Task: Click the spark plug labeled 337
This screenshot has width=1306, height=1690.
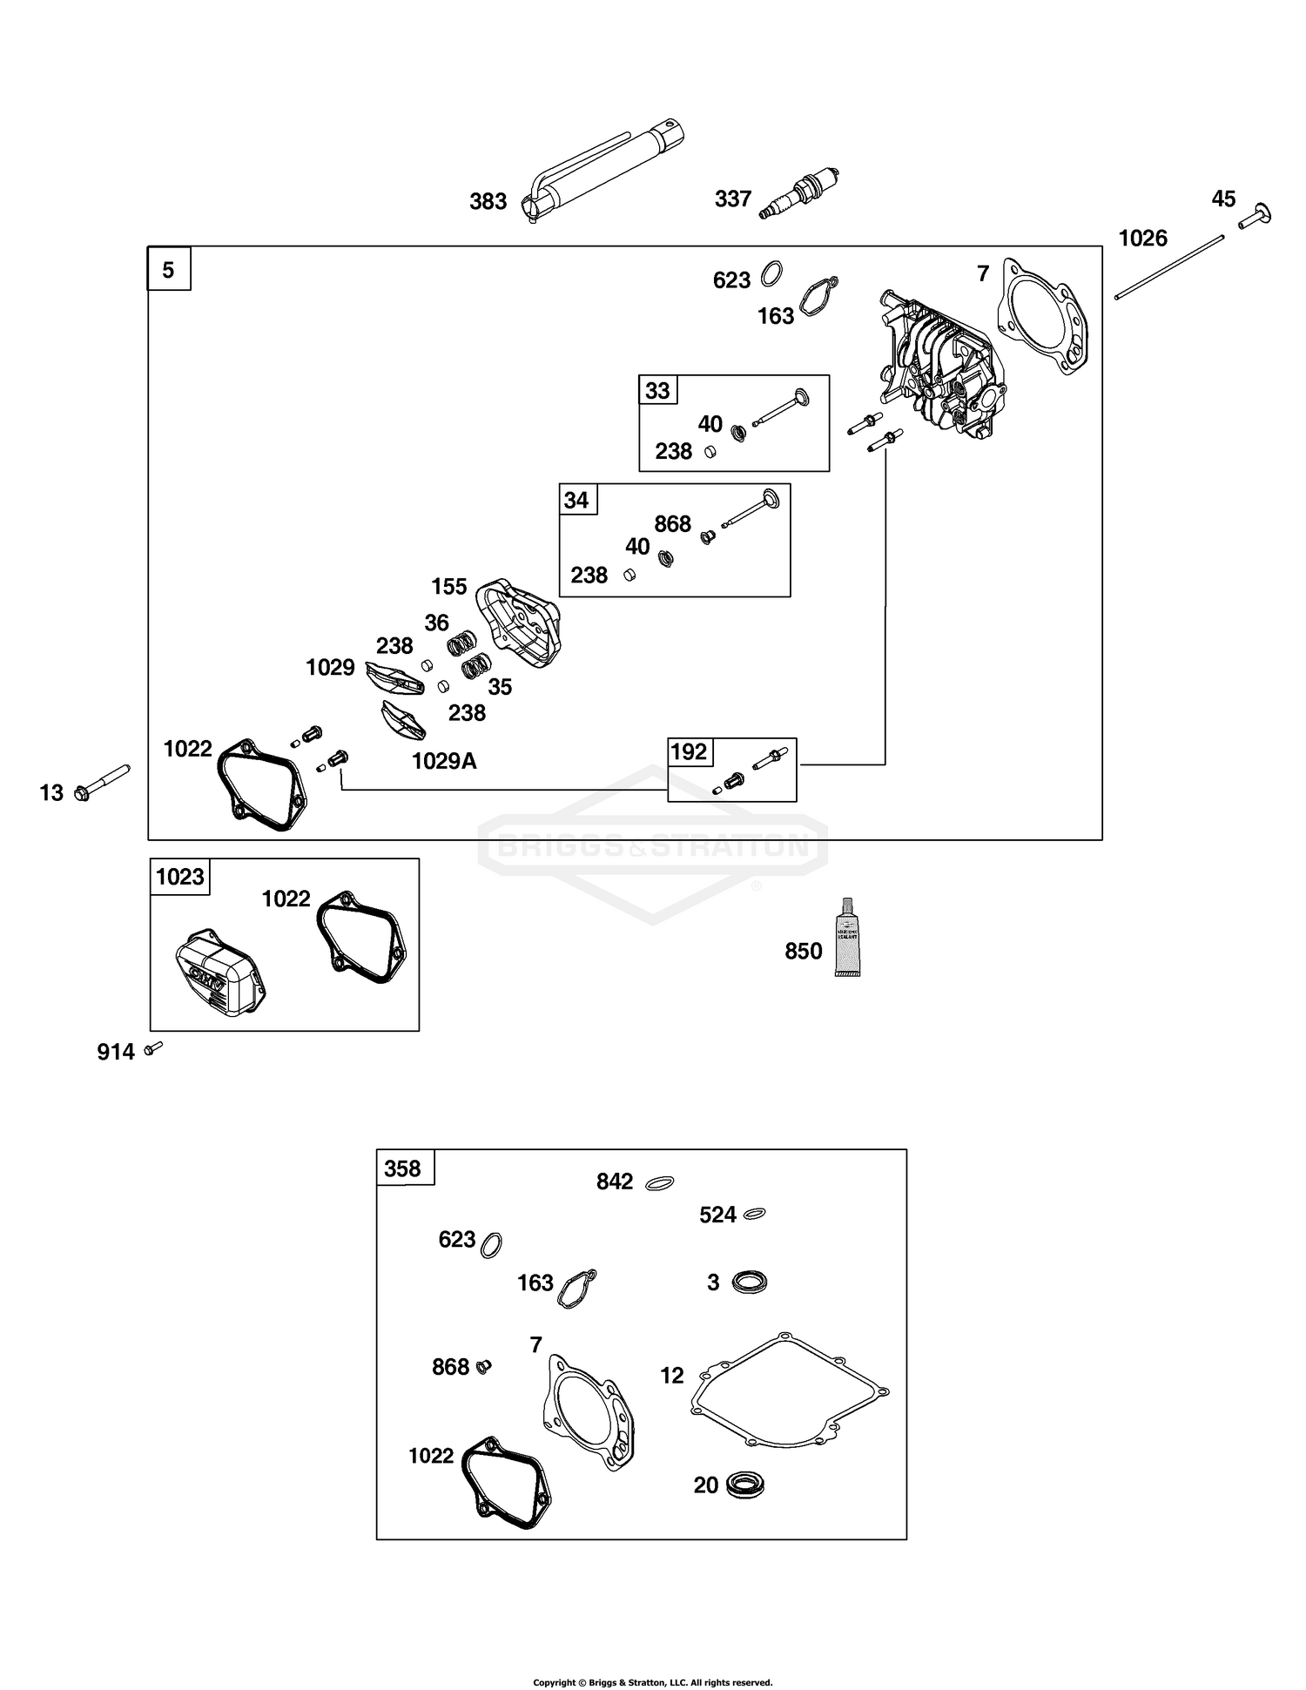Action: [x=799, y=193]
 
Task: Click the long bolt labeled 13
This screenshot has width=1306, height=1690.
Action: [x=103, y=782]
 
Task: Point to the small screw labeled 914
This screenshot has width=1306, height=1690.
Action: [x=154, y=1048]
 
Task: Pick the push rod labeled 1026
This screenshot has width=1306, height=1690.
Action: [x=1169, y=266]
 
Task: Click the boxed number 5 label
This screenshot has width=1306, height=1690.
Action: [x=169, y=270]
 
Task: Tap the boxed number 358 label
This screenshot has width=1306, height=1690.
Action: [x=402, y=1168]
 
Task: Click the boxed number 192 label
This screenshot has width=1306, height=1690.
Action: [x=689, y=751]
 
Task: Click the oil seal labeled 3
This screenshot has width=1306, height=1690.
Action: [x=749, y=1282]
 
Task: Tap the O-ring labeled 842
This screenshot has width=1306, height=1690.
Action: [x=659, y=1183]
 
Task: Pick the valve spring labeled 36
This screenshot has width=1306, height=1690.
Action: [x=461, y=643]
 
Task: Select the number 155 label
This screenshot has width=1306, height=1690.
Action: [x=449, y=587]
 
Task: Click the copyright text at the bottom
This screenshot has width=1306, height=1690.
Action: [x=652, y=1682]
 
